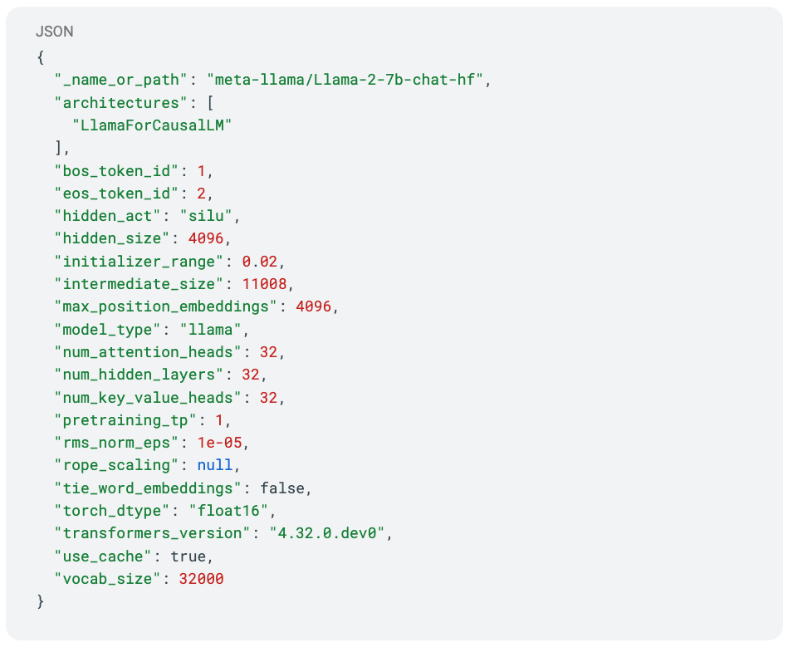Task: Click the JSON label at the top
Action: [x=54, y=32]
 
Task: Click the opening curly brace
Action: [x=41, y=57]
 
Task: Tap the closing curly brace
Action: [x=41, y=601]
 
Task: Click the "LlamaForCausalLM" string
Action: [x=152, y=125]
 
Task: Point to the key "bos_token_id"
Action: [x=116, y=171]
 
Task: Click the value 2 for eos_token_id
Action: [x=202, y=193]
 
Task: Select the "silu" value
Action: [x=206, y=216]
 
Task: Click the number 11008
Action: [x=264, y=284]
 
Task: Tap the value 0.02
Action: [x=259, y=262]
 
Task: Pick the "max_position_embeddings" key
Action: [x=165, y=306]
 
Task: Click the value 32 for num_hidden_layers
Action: [x=250, y=375]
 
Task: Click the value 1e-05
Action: [x=219, y=443]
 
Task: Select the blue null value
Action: [x=215, y=465]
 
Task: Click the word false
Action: [x=282, y=488]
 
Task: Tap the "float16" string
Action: [x=228, y=511]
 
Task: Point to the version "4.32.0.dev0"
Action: [x=326, y=533]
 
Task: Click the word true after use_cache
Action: [x=188, y=556]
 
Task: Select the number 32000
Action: [x=201, y=579]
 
